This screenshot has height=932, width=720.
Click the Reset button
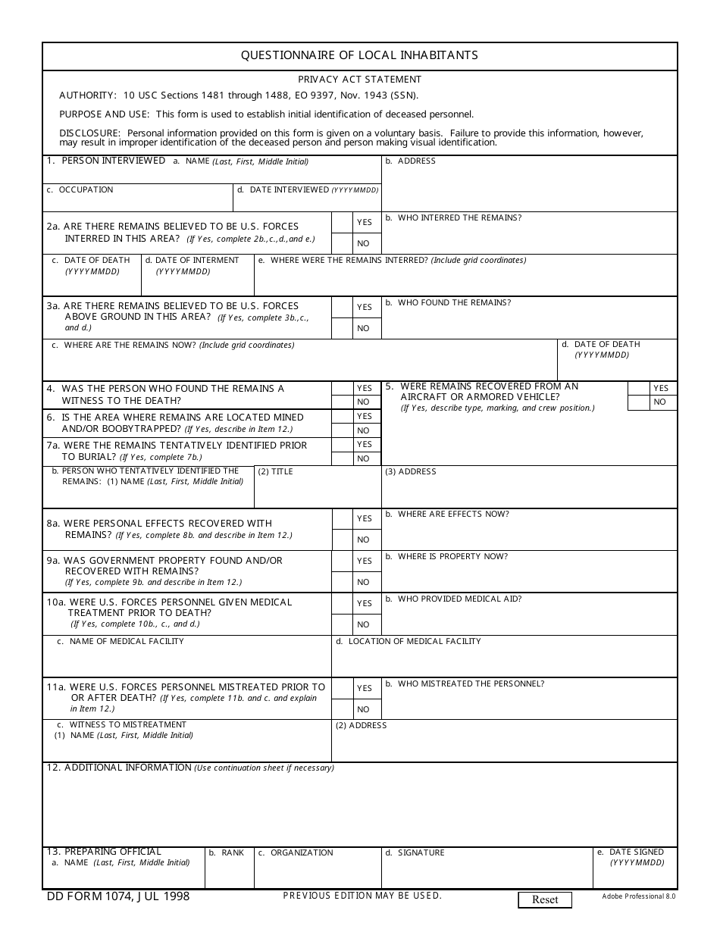pyautogui.click(x=545, y=899)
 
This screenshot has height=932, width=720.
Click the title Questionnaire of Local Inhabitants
pyautogui.click(x=359, y=55)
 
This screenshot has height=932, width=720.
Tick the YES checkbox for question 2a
pyautogui.click(x=343, y=222)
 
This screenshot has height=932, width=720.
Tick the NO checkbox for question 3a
pyautogui.click(x=343, y=328)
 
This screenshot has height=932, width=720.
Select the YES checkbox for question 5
pyautogui.click(x=639, y=388)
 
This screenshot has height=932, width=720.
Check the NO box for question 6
pyautogui.click(x=343, y=430)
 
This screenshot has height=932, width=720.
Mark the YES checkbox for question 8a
pyautogui.click(x=343, y=518)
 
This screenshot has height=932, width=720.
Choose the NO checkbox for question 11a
pyautogui.click(x=343, y=709)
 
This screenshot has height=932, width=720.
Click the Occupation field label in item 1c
pyautogui.click(x=86, y=189)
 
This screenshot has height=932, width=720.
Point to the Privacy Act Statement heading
pyautogui.click(x=359, y=80)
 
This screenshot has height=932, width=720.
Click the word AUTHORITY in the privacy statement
pyautogui.click(x=87, y=95)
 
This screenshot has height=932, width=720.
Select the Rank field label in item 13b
pyautogui.click(x=232, y=852)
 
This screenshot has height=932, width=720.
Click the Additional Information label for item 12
pyautogui.click(x=127, y=768)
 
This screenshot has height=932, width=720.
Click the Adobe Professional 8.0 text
pyautogui.click(x=638, y=896)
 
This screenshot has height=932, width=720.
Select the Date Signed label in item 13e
pyautogui.click(x=636, y=852)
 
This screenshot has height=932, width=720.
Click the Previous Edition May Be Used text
pyautogui.click(x=362, y=896)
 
